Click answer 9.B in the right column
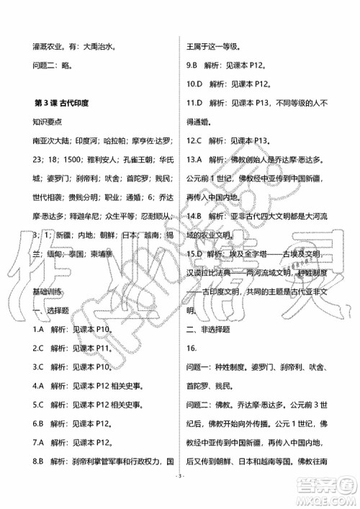(x=193, y=66)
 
